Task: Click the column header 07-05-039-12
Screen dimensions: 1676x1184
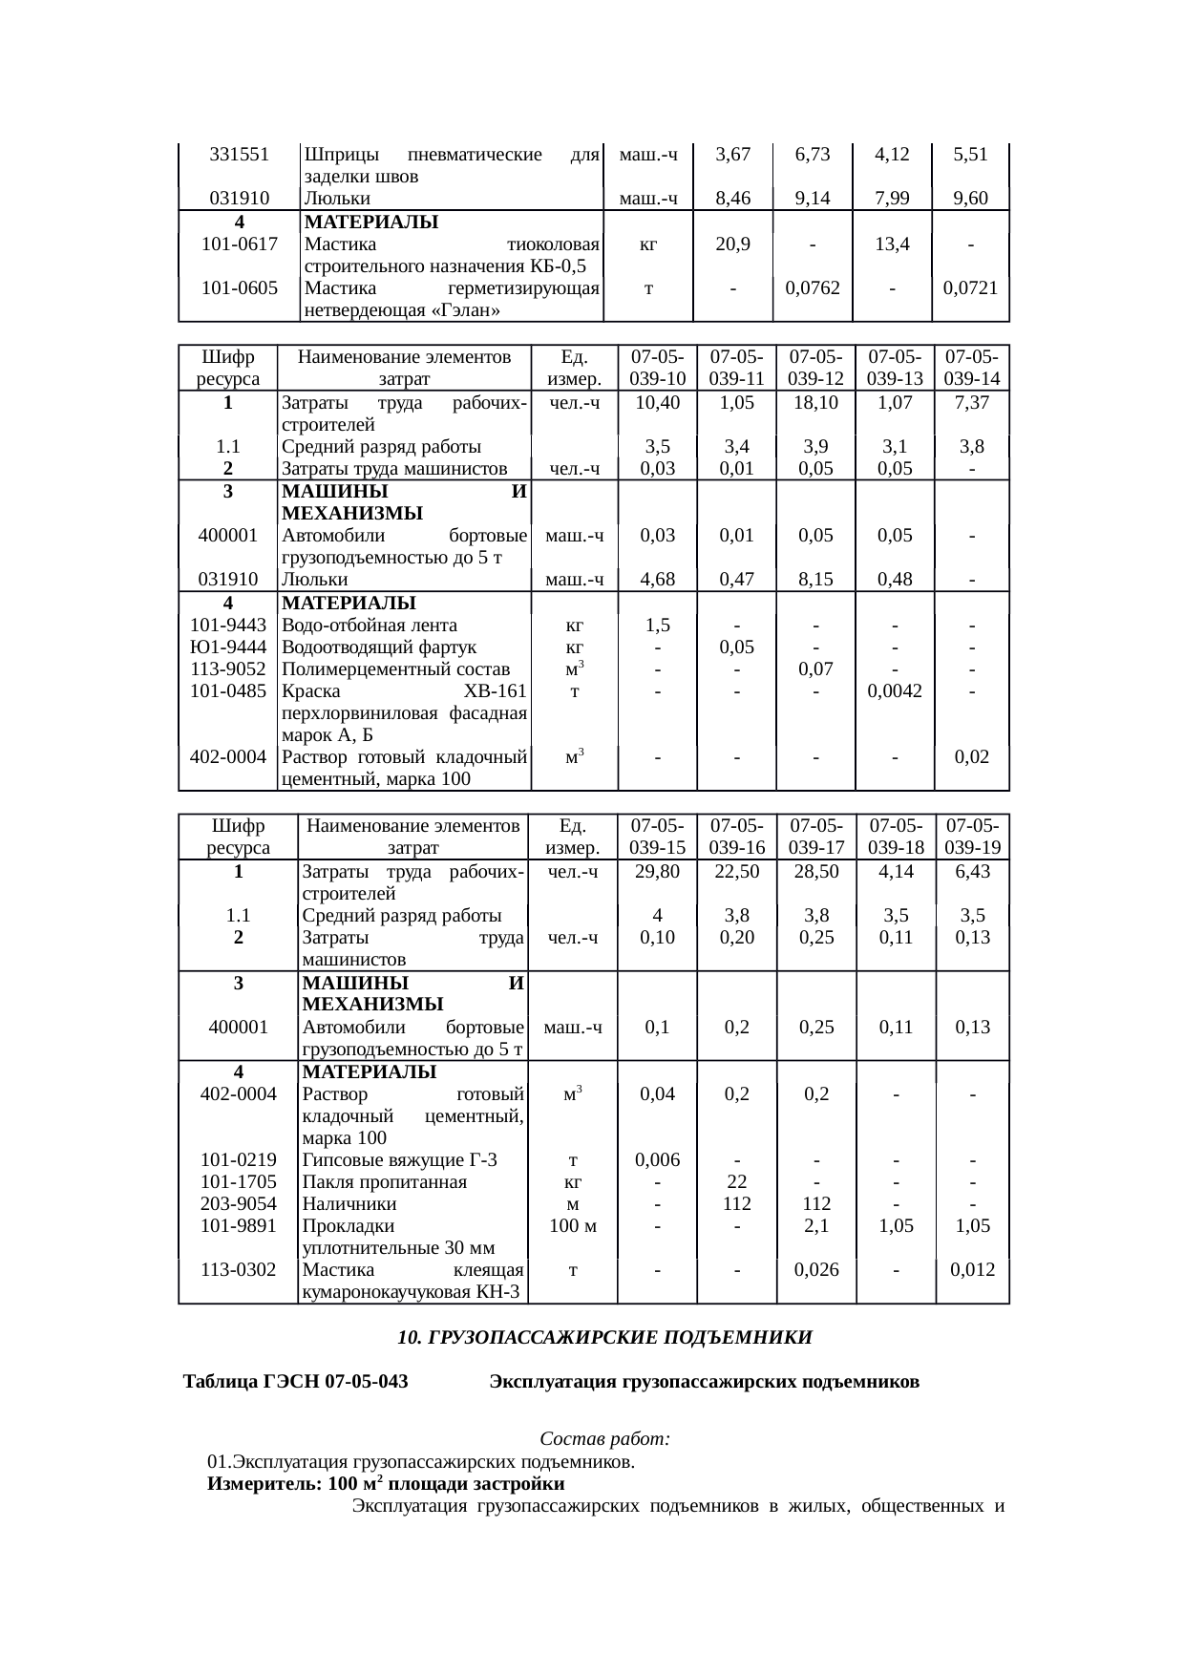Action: point(814,368)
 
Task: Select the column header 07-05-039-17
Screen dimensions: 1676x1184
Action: point(814,837)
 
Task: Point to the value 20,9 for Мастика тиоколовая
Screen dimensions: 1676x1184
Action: point(732,244)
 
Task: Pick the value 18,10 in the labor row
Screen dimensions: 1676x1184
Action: point(814,403)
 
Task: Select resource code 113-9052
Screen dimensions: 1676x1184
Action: point(228,669)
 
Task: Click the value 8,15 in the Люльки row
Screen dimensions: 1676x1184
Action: point(814,579)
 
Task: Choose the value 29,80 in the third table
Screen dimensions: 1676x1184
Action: point(657,872)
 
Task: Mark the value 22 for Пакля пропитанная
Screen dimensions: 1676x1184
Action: point(736,1182)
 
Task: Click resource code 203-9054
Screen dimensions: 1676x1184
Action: point(239,1204)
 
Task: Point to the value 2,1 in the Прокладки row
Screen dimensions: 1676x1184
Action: point(815,1226)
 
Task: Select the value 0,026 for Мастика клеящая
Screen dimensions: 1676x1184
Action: point(815,1270)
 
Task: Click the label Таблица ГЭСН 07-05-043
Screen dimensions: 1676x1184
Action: point(296,1382)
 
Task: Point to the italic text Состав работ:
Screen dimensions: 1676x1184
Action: point(604,1438)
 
